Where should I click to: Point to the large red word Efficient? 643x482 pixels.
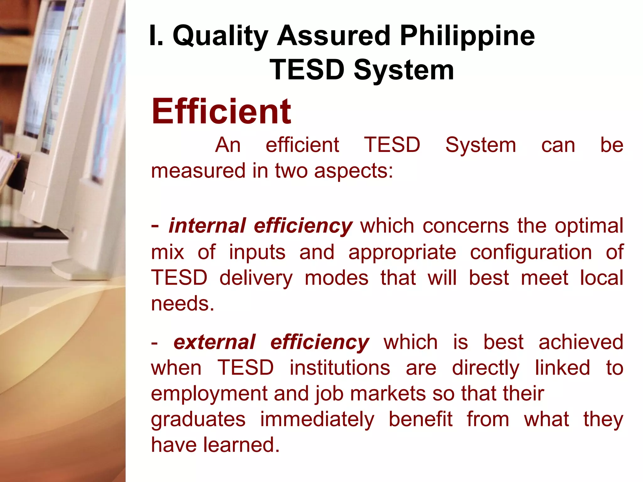(221, 111)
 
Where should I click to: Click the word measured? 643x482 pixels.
(198, 171)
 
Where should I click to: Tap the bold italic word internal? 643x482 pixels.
(207, 226)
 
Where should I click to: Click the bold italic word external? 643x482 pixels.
(214, 342)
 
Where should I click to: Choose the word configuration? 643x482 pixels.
(531, 252)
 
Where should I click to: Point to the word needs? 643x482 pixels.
(182, 304)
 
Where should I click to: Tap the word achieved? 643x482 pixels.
(581, 342)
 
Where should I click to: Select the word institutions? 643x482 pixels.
(340, 368)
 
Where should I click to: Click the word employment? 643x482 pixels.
(209, 394)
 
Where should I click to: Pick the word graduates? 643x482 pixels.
(198, 420)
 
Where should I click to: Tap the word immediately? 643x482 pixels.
(317, 419)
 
